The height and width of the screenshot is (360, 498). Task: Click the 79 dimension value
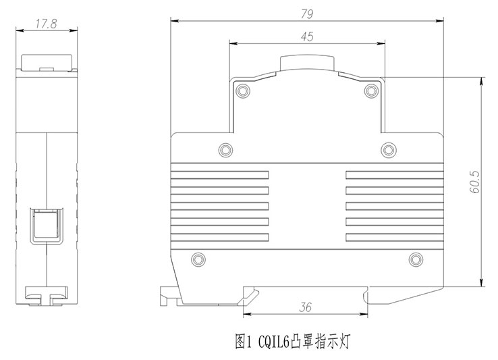(308, 13)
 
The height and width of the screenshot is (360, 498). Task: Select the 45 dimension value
(307, 38)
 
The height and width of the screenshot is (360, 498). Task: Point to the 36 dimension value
(306, 308)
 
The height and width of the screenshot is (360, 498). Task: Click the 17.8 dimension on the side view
(45, 22)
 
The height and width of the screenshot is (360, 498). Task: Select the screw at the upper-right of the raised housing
(370, 90)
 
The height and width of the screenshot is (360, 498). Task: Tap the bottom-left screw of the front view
(198, 259)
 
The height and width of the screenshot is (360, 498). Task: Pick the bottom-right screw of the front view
(416, 259)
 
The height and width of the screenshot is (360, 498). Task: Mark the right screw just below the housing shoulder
(387, 148)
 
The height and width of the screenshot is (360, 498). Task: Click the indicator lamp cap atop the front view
(307, 64)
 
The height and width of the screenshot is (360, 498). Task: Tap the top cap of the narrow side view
(46, 62)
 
